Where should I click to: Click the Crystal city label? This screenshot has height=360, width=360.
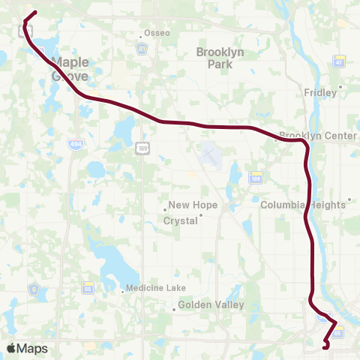(x=182, y=220)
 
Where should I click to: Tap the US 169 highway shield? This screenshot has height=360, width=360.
(x=142, y=149)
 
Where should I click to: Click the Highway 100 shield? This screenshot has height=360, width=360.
(x=256, y=177)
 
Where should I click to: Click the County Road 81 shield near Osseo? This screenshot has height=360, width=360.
(x=141, y=49)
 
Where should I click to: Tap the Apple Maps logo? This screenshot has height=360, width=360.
(x=27, y=348)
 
